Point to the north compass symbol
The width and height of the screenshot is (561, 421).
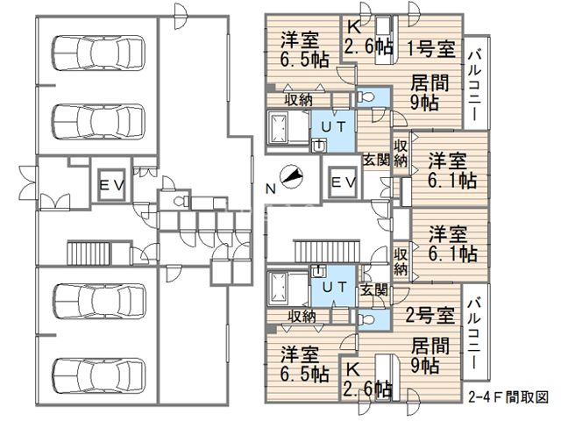coord(292,178)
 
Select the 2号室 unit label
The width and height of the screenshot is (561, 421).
coord(430,314)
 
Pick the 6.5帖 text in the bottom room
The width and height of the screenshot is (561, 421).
coord(304,375)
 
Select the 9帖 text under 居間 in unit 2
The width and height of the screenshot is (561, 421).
coord(424,363)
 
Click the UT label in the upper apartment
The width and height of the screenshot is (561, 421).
coord(334,126)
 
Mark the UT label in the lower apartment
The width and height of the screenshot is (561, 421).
coord(334,287)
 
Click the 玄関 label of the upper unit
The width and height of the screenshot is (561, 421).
coord(377,159)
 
